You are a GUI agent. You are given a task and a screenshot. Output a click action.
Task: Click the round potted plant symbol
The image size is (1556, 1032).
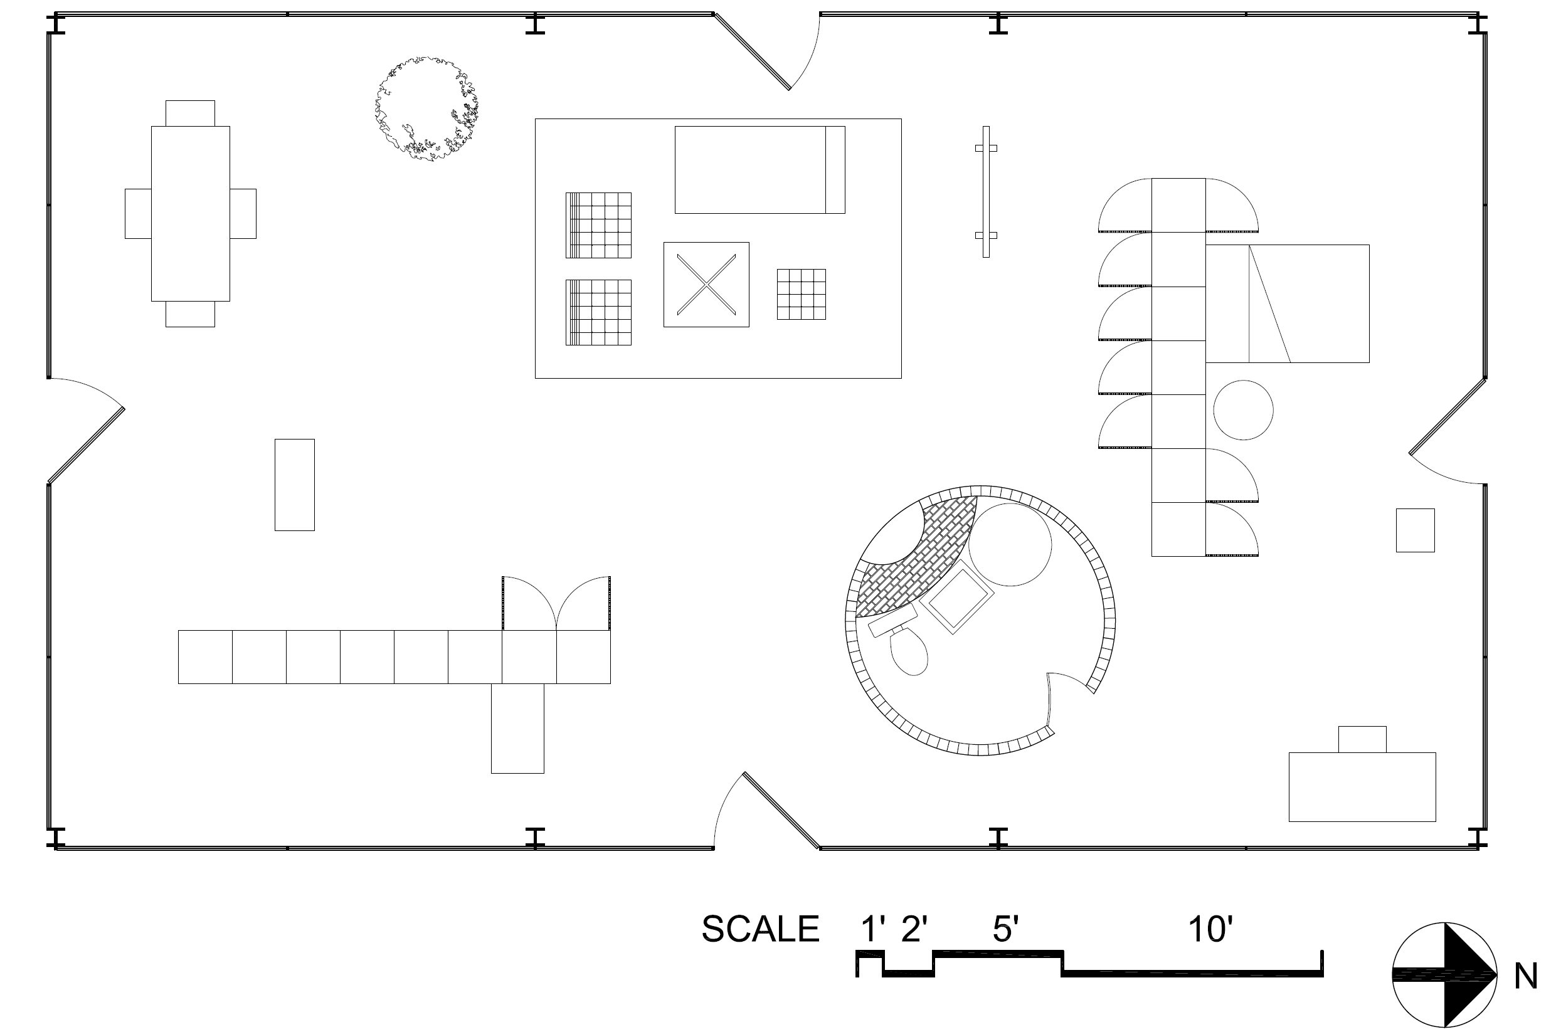click(x=426, y=109)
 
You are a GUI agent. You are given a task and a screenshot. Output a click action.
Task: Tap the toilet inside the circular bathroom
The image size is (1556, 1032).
click(x=909, y=651)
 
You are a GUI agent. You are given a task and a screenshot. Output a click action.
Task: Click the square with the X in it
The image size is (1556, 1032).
click(x=706, y=284)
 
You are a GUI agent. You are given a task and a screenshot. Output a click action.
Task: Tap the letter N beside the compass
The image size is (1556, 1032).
click(x=1526, y=977)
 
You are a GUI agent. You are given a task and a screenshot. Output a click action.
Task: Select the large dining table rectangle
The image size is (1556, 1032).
click(x=190, y=213)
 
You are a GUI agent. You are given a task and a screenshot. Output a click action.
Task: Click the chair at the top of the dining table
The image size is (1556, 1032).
click(x=189, y=113)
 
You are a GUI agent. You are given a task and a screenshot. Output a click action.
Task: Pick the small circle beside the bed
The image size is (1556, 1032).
click(x=1242, y=410)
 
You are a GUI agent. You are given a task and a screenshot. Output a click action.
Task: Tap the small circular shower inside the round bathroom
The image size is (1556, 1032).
click(x=1010, y=544)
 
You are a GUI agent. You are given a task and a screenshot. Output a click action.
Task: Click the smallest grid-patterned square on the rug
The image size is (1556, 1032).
click(x=801, y=294)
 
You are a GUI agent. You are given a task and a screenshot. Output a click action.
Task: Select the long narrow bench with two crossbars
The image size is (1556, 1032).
click(x=985, y=191)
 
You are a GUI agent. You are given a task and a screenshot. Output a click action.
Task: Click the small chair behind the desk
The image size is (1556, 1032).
click(x=1362, y=739)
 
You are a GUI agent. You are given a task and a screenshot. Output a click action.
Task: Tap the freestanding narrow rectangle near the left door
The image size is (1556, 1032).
click(x=294, y=485)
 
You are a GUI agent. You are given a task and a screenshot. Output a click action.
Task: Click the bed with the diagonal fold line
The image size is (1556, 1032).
click(x=1287, y=303)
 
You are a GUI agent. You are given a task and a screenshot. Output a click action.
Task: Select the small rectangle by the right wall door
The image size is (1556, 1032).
click(x=1415, y=530)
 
